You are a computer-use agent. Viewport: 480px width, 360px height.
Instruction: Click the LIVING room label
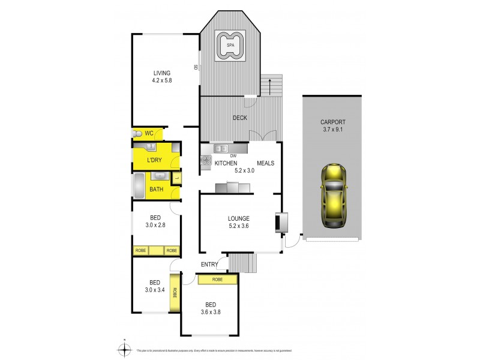[162, 73]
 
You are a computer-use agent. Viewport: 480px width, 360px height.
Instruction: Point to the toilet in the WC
[137, 133]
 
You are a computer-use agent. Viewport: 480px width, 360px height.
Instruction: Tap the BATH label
[156, 190]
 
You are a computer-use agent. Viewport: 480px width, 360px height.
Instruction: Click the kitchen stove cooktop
[206, 160]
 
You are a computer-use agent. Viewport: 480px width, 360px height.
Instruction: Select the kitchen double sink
[220, 148]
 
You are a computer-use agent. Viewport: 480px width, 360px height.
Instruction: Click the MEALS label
[266, 163]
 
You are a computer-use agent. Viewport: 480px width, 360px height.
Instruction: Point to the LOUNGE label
[238, 218]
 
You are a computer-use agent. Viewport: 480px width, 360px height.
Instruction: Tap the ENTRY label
[210, 264]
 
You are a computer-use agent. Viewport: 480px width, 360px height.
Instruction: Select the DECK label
[240, 118]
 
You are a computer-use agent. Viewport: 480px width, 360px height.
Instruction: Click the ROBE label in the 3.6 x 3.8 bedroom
[217, 280]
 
